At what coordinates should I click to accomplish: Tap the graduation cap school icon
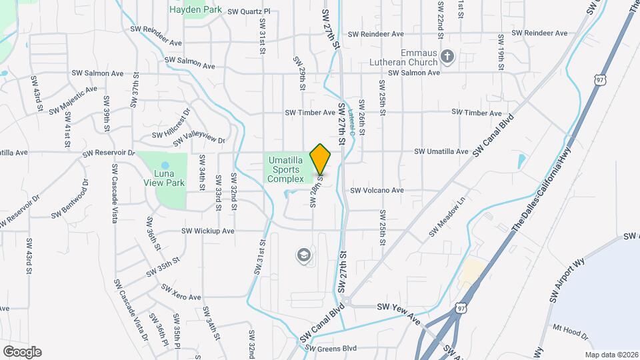tap(304, 255)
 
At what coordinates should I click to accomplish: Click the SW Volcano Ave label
tap(377, 190)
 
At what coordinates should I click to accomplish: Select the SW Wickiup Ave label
tap(208, 231)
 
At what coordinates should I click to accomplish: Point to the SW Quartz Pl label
tap(249, 11)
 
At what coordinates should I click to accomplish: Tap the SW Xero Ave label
tap(180, 292)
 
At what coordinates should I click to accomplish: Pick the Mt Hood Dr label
tap(571, 331)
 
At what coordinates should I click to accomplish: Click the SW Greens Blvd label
tap(331, 348)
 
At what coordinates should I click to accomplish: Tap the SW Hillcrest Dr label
tap(171, 122)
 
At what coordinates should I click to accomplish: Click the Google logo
tap(21, 351)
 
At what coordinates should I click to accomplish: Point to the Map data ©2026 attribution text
tap(611, 355)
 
